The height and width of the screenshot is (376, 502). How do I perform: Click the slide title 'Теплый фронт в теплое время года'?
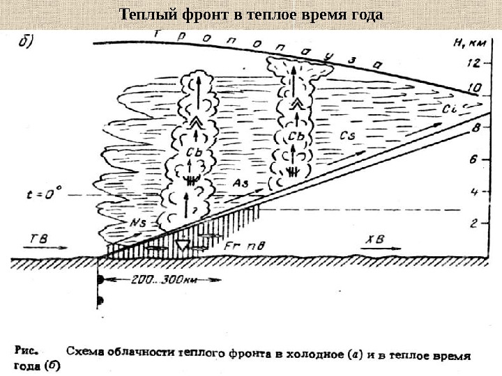click(251, 14)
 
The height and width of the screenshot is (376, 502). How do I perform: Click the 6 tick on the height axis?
click(474, 159)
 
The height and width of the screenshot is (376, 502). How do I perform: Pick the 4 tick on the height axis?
click(474, 191)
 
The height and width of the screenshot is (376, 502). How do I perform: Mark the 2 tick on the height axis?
click(474, 223)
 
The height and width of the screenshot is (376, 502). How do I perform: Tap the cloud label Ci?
click(450, 109)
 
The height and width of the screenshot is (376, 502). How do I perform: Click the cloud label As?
click(242, 182)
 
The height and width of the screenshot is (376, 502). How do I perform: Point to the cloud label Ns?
click(139, 222)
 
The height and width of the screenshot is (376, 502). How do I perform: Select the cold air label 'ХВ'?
click(373, 238)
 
